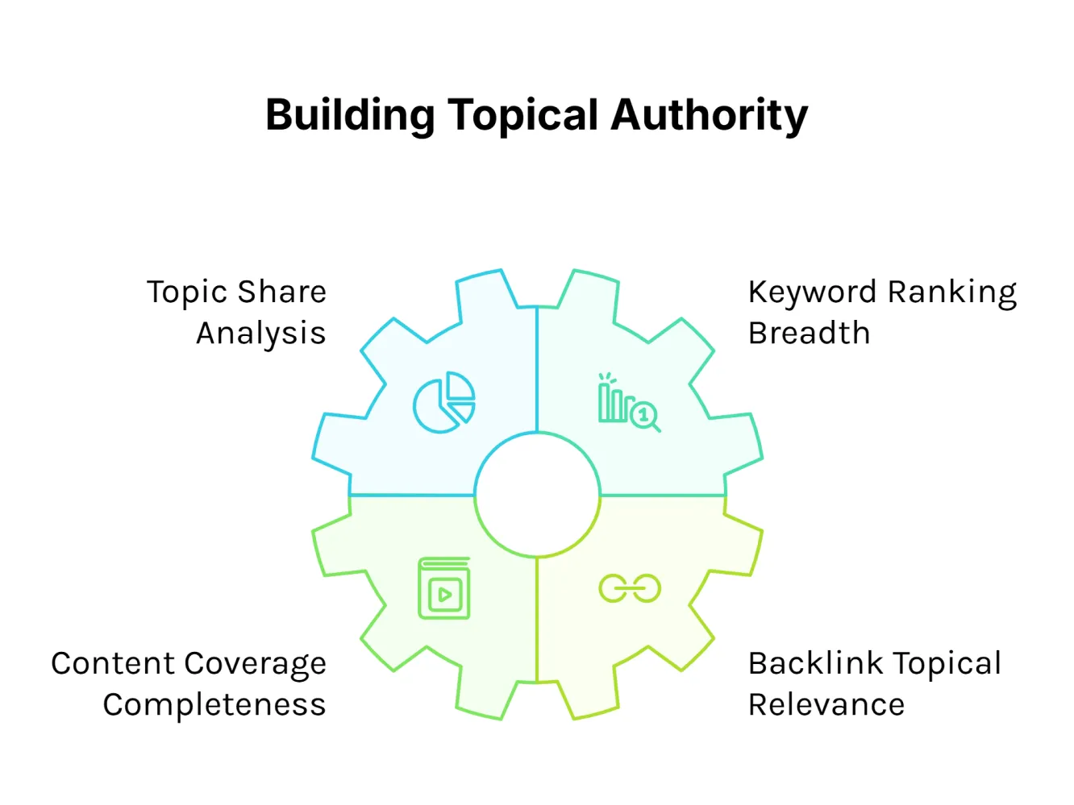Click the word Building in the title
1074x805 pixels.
point(350,115)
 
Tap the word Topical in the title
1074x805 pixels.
point(523,115)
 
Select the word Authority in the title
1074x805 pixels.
point(710,115)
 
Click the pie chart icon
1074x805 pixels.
point(443,402)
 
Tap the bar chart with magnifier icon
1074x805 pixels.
point(628,402)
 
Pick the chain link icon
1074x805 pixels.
point(630,588)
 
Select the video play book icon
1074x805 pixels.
point(443,588)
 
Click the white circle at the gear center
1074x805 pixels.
point(537,495)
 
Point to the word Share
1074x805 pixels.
point(282,292)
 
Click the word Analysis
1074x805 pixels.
point(260,333)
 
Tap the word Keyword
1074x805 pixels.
point(812,292)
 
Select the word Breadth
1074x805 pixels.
point(809,333)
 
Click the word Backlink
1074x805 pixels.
point(815,663)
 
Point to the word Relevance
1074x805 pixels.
point(826,704)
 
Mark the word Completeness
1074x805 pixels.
point(214,704)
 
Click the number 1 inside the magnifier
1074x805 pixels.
point(643,415)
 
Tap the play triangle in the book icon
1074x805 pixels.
point(444,595)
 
